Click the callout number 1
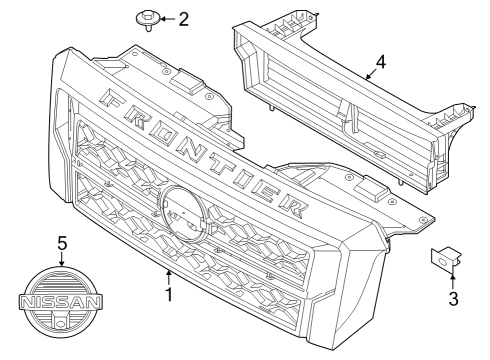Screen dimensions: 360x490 (x=169, y=295)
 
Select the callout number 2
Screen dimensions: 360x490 (x=184, y=19)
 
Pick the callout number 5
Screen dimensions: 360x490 (x=61, y=242)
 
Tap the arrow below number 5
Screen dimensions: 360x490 (x=61, y=259)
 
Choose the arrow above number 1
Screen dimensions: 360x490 (x=169, y=275)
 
